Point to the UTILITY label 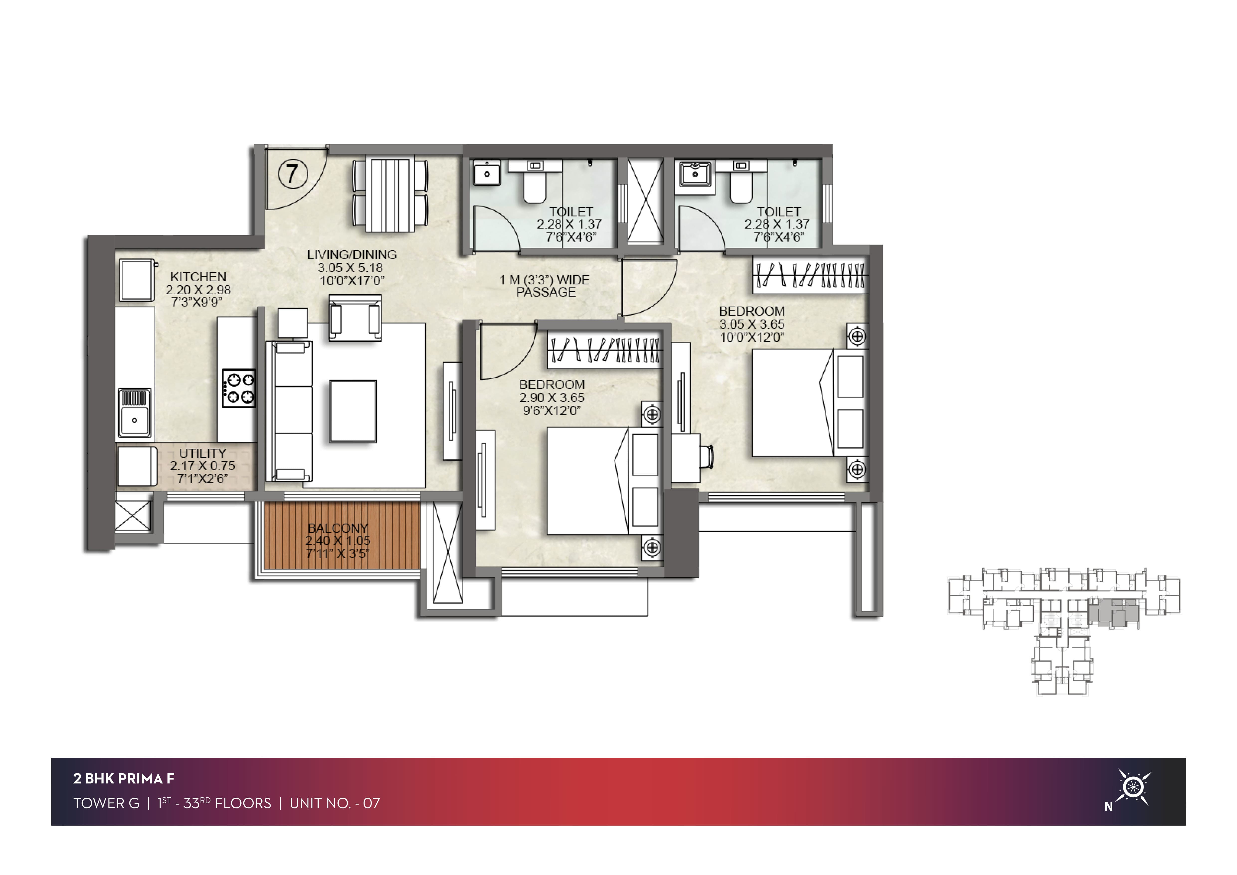click(x=202, y=453)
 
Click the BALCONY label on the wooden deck click(x=338, y=528)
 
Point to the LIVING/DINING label click(x=352, y=254)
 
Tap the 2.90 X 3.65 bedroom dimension click(x=552, y=398)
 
